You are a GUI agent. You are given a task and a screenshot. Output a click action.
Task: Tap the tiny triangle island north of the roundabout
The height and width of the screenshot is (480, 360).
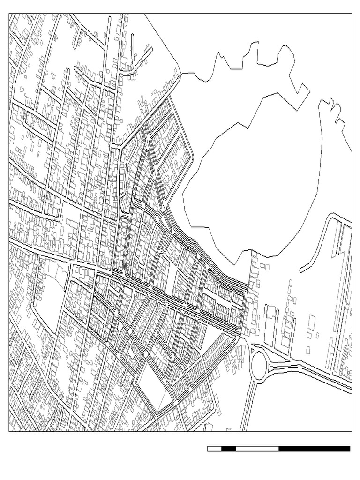click(254, 349)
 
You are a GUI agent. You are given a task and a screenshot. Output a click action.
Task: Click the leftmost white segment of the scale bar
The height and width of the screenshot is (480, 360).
click(214, 449)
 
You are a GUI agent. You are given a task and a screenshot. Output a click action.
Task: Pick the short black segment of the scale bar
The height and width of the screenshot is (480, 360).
click(229, 449)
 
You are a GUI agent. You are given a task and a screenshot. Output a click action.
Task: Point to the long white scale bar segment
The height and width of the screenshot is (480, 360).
click(257, 449)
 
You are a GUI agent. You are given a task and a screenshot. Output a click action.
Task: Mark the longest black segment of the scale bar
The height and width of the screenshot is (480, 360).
click(314, 449)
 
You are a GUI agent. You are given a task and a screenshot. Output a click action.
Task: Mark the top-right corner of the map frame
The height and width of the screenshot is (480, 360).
click(352, 14)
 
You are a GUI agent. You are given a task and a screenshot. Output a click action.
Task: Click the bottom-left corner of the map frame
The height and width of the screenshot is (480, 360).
click(9, 431)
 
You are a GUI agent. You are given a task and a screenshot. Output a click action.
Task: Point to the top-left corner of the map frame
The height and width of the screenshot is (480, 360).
click(9, 14)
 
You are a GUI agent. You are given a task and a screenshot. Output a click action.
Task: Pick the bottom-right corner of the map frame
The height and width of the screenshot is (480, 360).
click(352, 431)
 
